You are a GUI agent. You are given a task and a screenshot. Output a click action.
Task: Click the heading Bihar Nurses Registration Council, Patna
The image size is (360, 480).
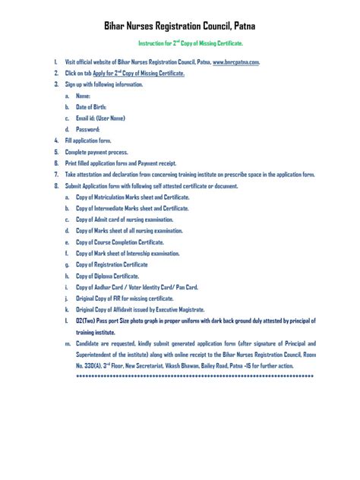coord(181,26)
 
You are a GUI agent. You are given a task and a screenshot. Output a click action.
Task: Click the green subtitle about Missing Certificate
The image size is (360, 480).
coord(179,43)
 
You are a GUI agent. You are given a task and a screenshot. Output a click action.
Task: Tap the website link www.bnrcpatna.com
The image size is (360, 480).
coord(236,62)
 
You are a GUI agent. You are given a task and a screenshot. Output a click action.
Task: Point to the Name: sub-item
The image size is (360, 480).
coord(83,96)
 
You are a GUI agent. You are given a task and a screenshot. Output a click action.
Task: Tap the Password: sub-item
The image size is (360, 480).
coord(87,130)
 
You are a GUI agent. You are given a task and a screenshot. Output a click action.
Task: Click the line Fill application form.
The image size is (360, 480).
coord(89,141)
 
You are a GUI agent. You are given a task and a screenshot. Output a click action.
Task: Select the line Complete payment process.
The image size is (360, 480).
coord(96,152)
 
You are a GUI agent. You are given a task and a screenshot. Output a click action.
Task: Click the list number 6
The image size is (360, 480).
coord(56,163)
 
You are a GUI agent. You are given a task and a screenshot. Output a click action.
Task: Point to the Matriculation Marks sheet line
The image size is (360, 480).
coord(132,197)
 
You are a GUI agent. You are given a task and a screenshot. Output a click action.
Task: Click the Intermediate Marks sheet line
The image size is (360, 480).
coord(132,208)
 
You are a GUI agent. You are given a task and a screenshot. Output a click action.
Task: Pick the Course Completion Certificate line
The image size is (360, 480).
coord(119,242)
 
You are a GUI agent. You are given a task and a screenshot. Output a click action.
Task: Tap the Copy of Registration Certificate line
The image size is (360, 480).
coord(112,264)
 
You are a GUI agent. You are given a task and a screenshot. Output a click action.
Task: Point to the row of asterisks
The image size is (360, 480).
coord(195,376)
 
